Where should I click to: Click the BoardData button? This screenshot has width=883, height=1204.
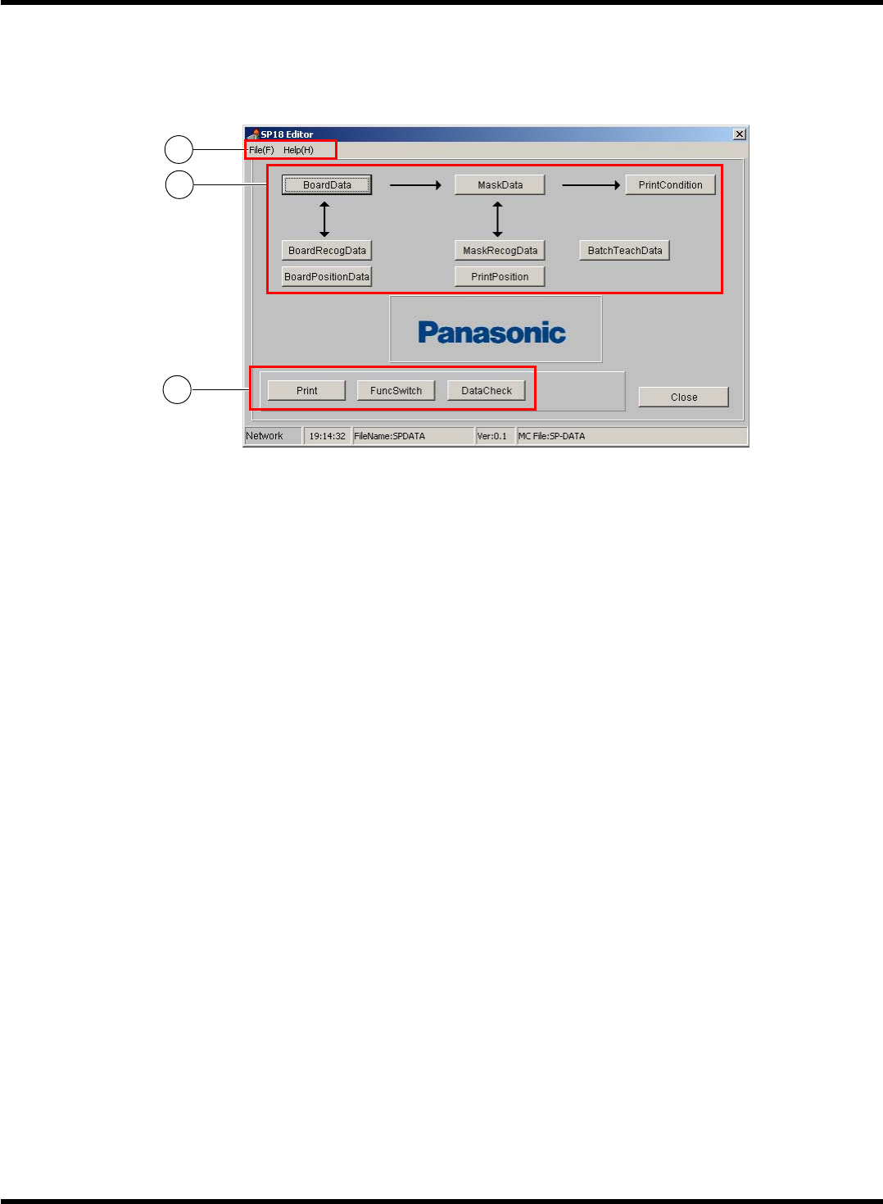[x=327, y=185]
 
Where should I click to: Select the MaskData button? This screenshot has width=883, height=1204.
[x=500, y=185]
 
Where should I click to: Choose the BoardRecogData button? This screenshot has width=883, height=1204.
[x=327, y=251]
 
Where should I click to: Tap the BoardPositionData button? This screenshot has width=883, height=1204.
[x=327, y=277]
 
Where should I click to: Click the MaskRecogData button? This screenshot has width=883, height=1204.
[x=500, y=251]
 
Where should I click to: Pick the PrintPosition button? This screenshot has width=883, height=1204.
[x=500, y=277]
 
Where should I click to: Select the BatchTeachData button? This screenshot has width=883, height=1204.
[x=625, y=251]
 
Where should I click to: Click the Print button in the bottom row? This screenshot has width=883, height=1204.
[x=306, y=391]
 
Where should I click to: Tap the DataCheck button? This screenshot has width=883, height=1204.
[x=487, y=391]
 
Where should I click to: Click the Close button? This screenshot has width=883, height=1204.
[x=684, y=398]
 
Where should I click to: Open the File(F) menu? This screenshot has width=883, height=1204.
[x=262, y=150]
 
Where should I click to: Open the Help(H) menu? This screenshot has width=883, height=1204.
[x=298, y=150]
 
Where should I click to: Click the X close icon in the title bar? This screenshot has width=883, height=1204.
[x=740, y=134]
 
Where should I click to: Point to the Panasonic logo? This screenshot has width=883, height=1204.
[x=492, y=332]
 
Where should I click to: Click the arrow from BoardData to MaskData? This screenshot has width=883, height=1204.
[x=415, y=185]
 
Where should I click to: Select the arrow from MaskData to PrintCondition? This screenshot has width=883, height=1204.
[x=591, y=185]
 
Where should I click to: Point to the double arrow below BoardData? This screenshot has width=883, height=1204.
[x=324, y=219]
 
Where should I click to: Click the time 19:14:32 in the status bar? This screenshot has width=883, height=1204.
[x=327, y=436]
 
